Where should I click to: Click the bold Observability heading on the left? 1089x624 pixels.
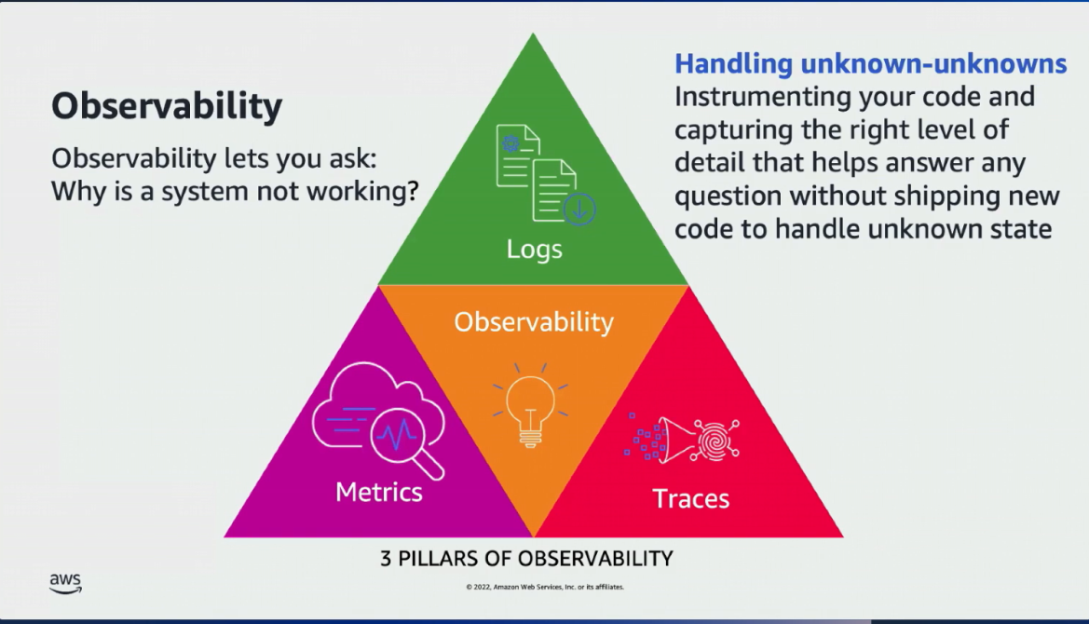click(x=166, y=107)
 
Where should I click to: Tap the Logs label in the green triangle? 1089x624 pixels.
click(x=534, y=250)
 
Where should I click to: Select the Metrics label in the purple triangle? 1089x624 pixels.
click(x=379, y=492)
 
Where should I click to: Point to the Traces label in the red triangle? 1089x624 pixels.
click(x=691, y=498)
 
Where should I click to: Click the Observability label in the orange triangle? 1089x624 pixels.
click(x=534, y=322)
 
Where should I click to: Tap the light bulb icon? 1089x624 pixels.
click(x=530, y=407)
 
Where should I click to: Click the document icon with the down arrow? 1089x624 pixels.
click(x=562, y=194)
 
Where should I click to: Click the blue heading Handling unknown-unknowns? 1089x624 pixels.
click(x=870, y=64)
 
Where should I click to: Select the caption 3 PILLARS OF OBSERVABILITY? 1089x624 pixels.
click(x=526, y=559)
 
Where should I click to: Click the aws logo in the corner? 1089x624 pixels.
click(x=65, y=583)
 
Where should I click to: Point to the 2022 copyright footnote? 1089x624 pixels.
click(x=545, y=587)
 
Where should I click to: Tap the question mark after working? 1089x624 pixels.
click(x=409, y=191)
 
